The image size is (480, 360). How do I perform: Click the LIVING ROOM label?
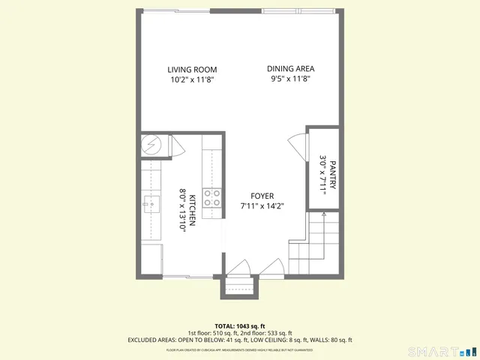(191, 70)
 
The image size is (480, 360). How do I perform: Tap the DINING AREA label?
(289, 69)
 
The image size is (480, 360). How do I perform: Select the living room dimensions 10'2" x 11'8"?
(191, 79)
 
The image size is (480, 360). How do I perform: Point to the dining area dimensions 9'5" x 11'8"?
(289, 79)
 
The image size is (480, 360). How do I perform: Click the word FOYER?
(262, 196)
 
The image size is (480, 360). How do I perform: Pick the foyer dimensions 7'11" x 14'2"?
(262, 206)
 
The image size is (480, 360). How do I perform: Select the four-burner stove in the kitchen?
(211, 198)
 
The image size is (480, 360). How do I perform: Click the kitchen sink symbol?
(150, 202)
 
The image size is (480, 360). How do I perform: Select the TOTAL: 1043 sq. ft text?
(239, 326)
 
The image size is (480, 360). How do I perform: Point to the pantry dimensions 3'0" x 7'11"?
(323, 174)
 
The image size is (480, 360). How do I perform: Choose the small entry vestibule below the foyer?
(240, 287)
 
